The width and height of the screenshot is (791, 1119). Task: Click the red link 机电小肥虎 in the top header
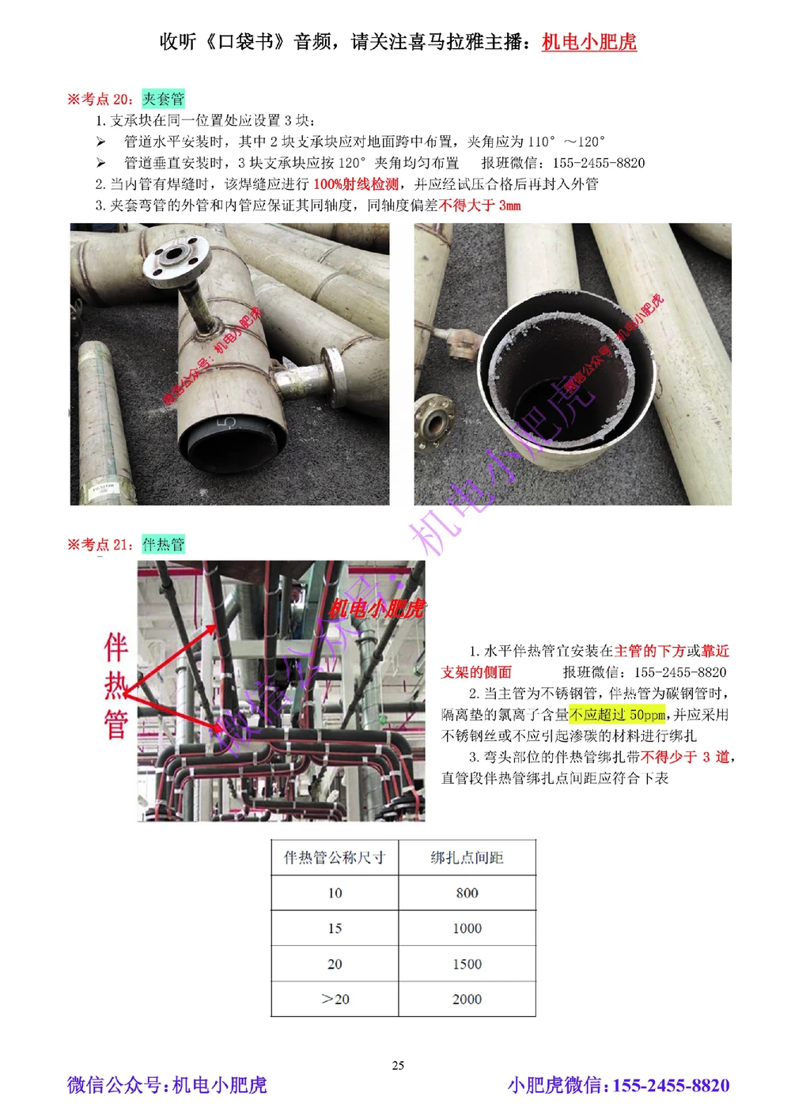click(589, 42)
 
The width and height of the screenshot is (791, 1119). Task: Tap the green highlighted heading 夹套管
click(163, 99)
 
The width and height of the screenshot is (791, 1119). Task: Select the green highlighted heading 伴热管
click(163, 544)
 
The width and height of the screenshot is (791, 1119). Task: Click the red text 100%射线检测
click(356, 184)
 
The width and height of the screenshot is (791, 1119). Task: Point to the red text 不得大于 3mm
click(480, 206)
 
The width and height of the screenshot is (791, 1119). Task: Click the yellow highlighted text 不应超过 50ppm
click(617, 715)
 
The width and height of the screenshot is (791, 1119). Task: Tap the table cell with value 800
click(467, 893)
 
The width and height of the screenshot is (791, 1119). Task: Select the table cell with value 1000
click(467, 928)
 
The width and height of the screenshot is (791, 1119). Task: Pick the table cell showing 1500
click(467, 964)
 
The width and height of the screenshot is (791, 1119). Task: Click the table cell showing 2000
click(467, 1000)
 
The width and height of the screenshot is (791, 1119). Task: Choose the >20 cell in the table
click(335, 1000)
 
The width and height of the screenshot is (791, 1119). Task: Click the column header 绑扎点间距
click(467, 858)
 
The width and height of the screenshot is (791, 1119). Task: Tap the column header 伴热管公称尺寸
click(335, 858)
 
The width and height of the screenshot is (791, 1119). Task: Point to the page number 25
click(398, 1065)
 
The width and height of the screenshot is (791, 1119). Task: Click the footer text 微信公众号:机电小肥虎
click(167, 1085)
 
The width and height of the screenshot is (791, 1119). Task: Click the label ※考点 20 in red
click(100, 99)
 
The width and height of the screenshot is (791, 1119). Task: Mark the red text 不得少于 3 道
click(685, 757)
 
